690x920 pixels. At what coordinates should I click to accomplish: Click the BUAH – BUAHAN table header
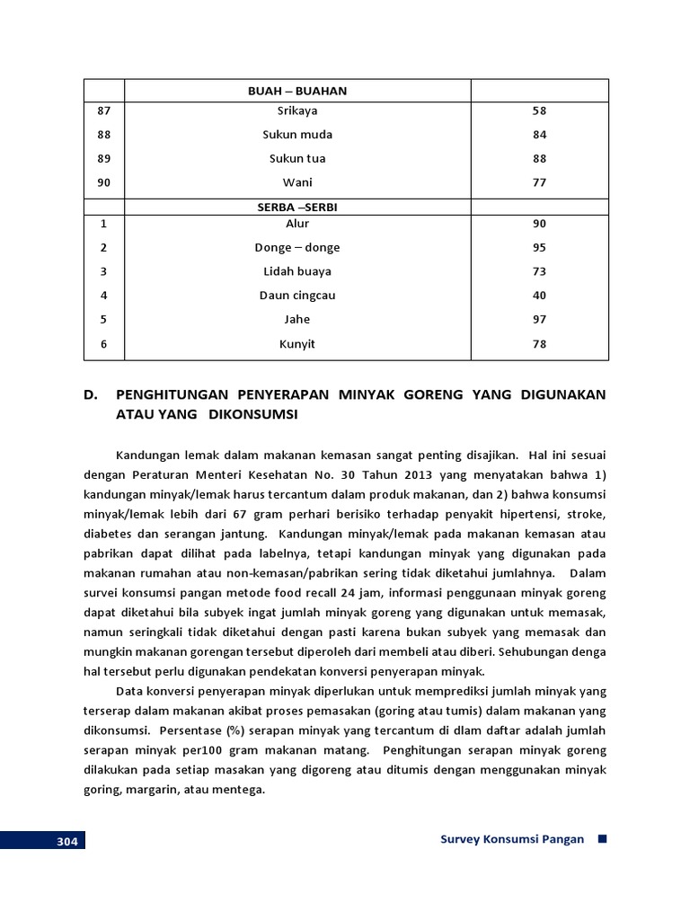click(297, 91)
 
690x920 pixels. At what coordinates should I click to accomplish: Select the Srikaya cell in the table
click(297, 111)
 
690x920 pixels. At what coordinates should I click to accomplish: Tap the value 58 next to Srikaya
click(539, 111)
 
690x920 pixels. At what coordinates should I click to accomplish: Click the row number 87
click(103, 111)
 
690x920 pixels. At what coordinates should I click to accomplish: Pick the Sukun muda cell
click(297, 135)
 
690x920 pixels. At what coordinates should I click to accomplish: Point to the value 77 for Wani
click(539, 182)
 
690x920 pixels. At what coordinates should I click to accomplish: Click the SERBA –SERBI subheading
click(297, 207)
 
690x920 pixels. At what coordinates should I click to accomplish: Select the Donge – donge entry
click(297, 248)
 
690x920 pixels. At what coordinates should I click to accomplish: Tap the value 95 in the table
click(539, 248)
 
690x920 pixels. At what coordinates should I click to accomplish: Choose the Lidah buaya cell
click(297, 271)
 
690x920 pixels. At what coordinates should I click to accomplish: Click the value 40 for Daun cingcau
click(539, 296)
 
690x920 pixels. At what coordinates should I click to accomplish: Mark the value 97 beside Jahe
click(539, 320)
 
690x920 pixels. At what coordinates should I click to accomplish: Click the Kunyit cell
click(297, 344)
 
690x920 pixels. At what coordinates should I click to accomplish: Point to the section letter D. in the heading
click(92, 395)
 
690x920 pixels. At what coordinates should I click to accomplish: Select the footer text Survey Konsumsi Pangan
click(512, 840)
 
